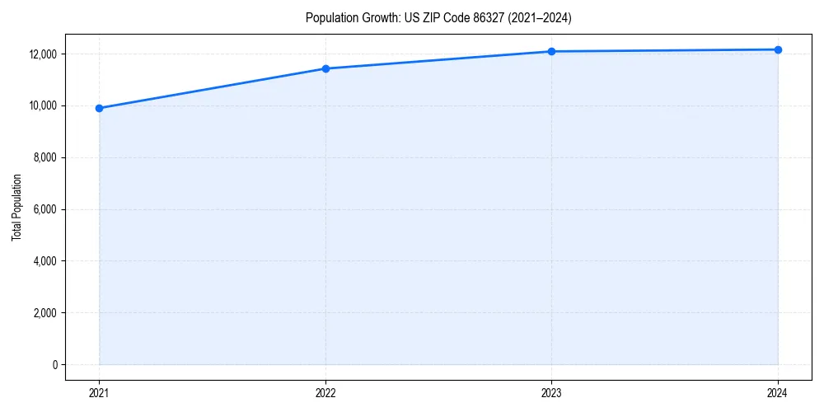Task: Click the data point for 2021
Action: (99, 108)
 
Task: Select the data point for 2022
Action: (325, 68)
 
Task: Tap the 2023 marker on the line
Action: (551, 52)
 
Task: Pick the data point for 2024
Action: (778, 50)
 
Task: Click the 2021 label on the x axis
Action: (99, 392)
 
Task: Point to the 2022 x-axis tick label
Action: (325, 392)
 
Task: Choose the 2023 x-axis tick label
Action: (551, 392)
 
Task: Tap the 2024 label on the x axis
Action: (778, 392)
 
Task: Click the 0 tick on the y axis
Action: (54, 365)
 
